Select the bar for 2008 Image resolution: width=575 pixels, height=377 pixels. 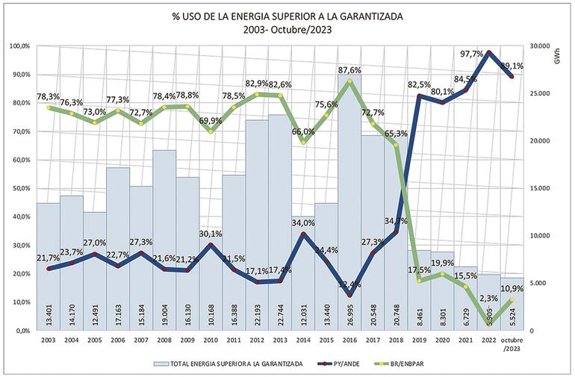click(164, 239)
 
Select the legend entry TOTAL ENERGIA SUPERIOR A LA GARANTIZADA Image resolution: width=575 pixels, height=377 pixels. click(228, 363)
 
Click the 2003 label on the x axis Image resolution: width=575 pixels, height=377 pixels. click(49, 340)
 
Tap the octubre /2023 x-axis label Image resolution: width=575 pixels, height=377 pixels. click(512, 343)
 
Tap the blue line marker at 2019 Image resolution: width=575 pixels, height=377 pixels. click(420, 96)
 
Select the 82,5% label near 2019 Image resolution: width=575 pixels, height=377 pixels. click(419, 84)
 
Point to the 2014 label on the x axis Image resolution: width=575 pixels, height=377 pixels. click(302, 340)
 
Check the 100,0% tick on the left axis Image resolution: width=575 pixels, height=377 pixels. click(18, 46)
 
